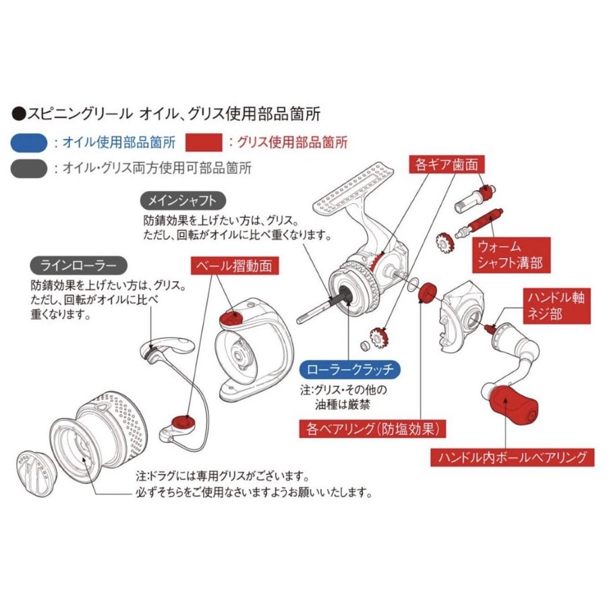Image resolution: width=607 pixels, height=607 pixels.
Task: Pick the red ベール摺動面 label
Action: [x=234, y=266]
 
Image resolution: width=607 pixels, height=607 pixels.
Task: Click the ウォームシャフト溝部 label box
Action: [x=511, y=254]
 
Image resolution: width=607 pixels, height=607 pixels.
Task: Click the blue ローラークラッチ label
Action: [x=349, y=370]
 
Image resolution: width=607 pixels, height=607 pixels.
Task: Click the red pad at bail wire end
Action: [x=181, y=423]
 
